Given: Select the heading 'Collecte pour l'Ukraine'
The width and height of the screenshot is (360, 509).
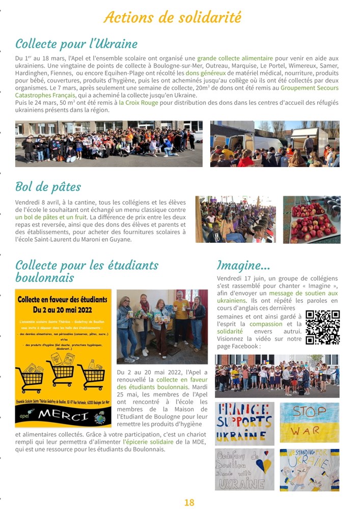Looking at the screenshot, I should click(x=76, y=43).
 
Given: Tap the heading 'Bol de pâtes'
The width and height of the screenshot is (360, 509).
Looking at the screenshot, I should click(x=48, y=187).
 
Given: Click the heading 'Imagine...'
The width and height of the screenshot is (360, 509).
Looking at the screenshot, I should click(x=243, y=265).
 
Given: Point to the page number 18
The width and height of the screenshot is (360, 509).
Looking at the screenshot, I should click(x=189, y=502).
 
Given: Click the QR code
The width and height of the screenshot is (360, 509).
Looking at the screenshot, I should click(x=322, y=328).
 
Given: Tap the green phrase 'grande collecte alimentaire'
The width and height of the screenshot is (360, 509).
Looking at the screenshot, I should click(x=235, y=59).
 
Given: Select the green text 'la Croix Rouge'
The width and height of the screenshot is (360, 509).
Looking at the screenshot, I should click(x=139, y=102).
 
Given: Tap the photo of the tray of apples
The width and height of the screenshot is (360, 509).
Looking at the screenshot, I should click(x=312, y=219).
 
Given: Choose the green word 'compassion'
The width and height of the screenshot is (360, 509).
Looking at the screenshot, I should click(x=266, y=324).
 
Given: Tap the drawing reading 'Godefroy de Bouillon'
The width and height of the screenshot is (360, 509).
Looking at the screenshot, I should click(x=244, y=469).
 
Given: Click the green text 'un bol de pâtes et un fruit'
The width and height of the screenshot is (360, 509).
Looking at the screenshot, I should click(x=51, y=217).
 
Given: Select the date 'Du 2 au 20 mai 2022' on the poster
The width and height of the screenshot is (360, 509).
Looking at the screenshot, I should click(x=63, y=309).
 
